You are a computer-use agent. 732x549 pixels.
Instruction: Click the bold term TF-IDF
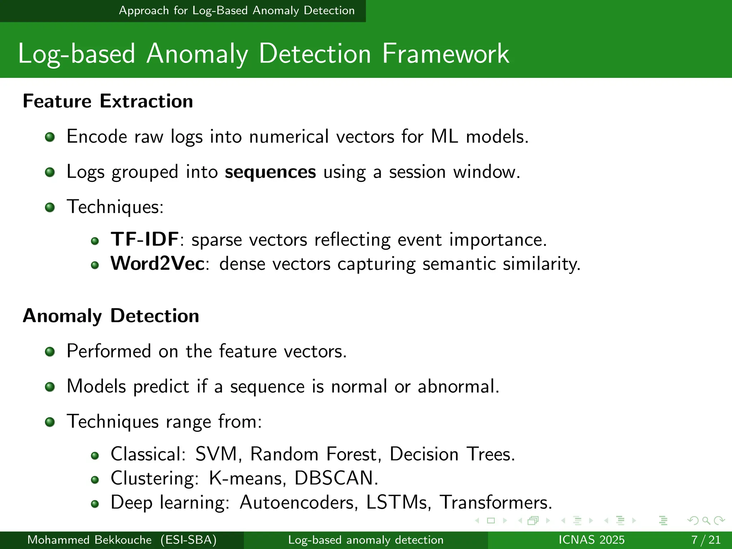pyautogui.click(x=144, y=239)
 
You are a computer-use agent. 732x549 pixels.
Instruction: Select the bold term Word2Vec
pyautogui.click(x=157, y=264)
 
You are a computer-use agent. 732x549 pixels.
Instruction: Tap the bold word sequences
pyautogui.click(x=270, y=172)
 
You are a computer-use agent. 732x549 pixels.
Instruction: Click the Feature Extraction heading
pyautogui.click(x=108, y=101)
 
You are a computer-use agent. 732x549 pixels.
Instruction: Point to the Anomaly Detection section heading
pyautogui.click(x=111, y=316)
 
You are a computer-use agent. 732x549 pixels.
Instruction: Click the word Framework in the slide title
pyautogui.click(x=445, y=54)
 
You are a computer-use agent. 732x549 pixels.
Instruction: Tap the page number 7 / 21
pyautogui.click(x=706, y=540)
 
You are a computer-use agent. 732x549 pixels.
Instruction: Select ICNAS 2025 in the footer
pyautogui.click(x=592, y=540)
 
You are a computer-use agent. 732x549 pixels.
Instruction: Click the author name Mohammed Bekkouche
pyautogui.click(x=89, y=540)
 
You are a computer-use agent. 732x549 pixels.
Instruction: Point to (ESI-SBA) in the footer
pyautogui.click(x=188, y=540)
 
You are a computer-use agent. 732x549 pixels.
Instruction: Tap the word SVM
pyautogui.click(x=216, y=454)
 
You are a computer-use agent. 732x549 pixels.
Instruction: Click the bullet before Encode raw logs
pyautogui.click(x=50, y=137)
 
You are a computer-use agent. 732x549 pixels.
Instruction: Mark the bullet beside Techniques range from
pyautogui.click(x=50, y=422)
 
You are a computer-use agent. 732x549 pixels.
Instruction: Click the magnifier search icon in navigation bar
pyautogui.click(x=706, y=520)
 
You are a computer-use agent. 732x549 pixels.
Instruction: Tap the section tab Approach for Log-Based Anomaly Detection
pyautogui.click(x=237, y=11)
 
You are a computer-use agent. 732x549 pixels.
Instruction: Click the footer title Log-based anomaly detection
pyautogui.click(x=366, y=540)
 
